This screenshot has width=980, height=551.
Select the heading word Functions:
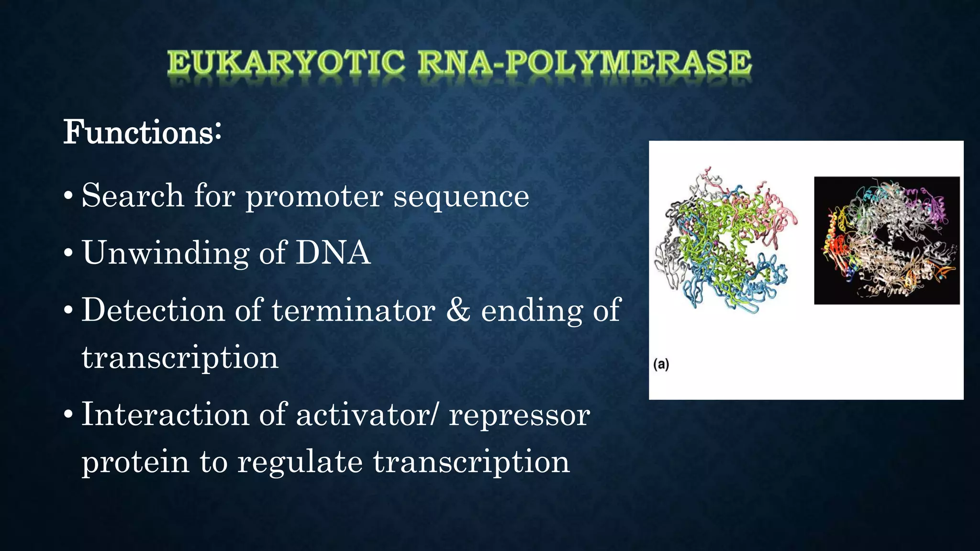point(142,132)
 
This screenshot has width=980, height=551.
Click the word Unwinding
point(166,253)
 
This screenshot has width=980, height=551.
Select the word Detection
point(153,310)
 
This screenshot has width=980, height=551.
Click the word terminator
point(354,310)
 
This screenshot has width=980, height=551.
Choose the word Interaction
point(165,414)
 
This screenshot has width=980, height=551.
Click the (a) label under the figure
point(661,364)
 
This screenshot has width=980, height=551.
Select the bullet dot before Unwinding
point(68,253)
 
